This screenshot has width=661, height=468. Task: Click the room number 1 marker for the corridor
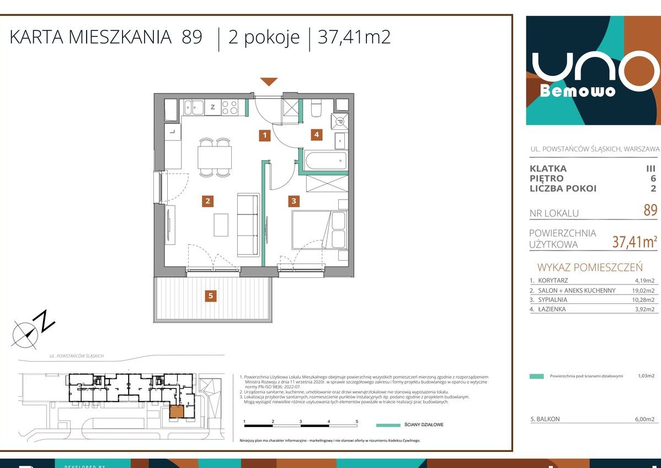pos(265,134)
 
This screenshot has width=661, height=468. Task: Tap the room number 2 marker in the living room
pos(207,201)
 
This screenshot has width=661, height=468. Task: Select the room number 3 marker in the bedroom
pos(295,201)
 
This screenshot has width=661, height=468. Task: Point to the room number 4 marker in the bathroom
pos(316,134)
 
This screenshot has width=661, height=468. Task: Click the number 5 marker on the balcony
pos(210,296)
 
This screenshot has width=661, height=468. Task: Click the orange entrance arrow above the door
pos(269,82)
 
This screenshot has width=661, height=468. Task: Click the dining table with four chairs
pos(215,157)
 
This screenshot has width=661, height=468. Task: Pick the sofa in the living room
pos(248,224)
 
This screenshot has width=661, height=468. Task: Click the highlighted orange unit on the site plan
pos(177,411)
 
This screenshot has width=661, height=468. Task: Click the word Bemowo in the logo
pos(577,91)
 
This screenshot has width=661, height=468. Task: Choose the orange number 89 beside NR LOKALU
pos(650,211)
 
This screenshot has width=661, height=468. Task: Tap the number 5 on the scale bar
pos(357,421)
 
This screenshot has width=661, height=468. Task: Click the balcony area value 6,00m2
pos(644,419)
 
